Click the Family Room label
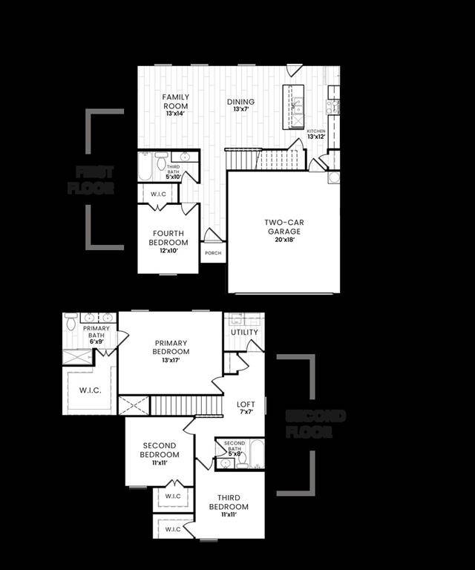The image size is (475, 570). [x=176, y=101]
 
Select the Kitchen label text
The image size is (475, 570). [x=316, y=131]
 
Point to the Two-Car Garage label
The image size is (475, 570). [x=285, y=226]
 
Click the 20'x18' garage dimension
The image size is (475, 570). [x=285, y=240]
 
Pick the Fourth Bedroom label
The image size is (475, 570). [x=168, y=237]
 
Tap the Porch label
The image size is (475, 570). [x=213, y=252]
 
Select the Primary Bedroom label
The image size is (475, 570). [x=171, y=347]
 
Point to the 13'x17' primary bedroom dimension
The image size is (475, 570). [x=171, y=361]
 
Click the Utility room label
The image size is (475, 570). [x=244, y=332]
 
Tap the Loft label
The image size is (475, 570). [x=246, y=404]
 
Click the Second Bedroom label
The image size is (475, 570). [x=160, y=450]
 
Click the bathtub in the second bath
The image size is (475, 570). [x=256, y=454]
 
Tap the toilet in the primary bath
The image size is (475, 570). [x=71, y=322]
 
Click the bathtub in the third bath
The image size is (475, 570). [x=145, y=167]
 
